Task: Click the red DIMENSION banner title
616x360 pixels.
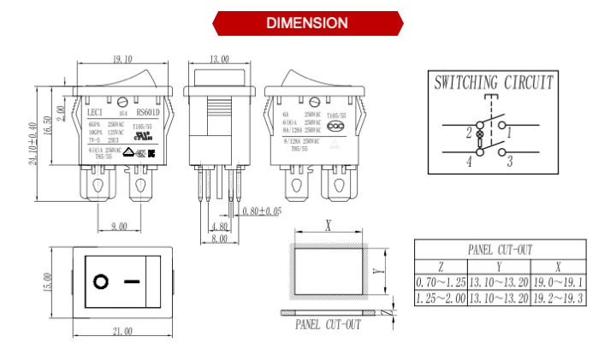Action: coord(307,23)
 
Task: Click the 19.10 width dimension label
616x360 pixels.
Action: coord(121,60)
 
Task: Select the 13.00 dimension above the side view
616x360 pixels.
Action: coord(219,60)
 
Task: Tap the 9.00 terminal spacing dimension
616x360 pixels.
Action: coord(118,226)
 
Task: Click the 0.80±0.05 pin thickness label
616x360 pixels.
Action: coord(262,211)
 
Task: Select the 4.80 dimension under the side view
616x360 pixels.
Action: coord(219,227)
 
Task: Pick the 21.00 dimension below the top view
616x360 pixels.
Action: coord(121,331)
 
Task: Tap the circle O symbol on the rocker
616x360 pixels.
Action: coord(100,280)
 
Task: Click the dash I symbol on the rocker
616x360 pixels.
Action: coord(131,280)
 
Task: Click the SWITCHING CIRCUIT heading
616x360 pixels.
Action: coord(493,83)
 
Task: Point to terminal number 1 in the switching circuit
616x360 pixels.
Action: coord(509,133)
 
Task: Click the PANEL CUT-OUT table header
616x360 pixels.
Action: coord(500,250)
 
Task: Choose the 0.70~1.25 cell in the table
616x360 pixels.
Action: coord(441,282)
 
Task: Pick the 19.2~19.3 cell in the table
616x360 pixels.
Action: coord(558,298)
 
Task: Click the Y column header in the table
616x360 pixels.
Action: coord(499,266)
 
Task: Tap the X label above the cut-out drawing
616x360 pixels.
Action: coord(328,226)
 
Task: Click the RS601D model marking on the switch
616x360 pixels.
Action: coord(148,111)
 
